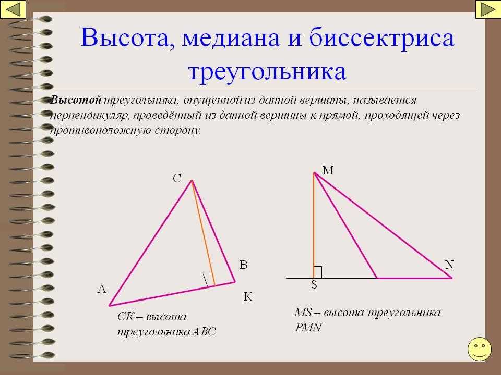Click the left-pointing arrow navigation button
click(13, 9)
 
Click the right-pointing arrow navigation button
click(488, 9)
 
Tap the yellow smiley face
click(479, 349)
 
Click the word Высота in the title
click(128, 38)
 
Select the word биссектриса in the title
click(381, 38)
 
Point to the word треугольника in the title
click(267, 72)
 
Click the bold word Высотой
click(76, 100)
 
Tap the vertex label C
click(177, 178)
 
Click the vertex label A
click(102, 289)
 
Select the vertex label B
click(244, 265)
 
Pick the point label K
click(247, 297)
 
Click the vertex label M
click(328, 171)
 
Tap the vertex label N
click(449, 265)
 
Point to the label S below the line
click(314, 284)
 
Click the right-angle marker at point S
click(318, 272)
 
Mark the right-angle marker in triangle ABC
click(208, 280)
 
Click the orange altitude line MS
click(314, 226)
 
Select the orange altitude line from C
click(203, 233)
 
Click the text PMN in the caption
click(308, 328)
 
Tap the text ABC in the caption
click(204, 332)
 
